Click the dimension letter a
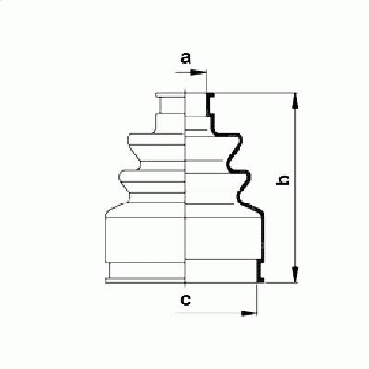[x=186, y=58]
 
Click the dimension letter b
[x=283, y=180]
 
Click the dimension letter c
[x=186, y=300]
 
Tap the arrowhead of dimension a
[x=199, y=73]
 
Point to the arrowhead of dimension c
[x=249, y=314]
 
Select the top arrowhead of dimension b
[x=295, y=101]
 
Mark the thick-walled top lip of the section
[x=210, y=105]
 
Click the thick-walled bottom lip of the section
[x=260, y=271]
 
